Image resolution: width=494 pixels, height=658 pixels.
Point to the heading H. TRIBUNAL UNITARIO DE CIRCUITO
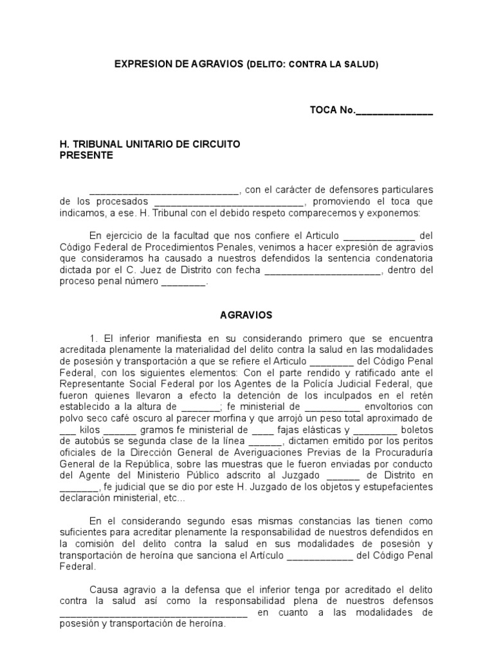150,144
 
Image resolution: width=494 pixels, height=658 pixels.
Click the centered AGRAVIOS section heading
246,316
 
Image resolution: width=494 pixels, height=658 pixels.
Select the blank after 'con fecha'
323,271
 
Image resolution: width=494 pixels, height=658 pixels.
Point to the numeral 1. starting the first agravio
94,338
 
